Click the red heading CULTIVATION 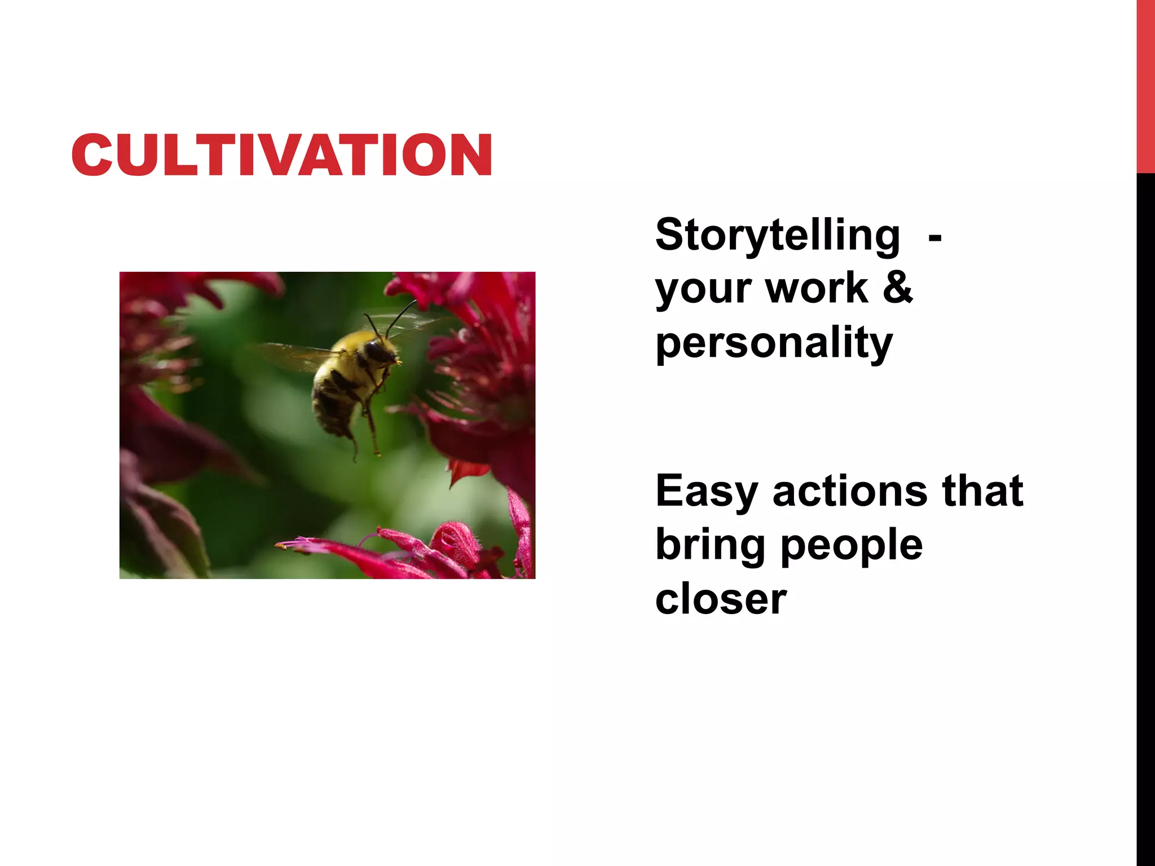[x=282, y=155]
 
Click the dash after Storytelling [x=934, y=238]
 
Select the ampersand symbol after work [x=897, y=288]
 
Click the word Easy [x=706, y=492]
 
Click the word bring [x=710, y=545]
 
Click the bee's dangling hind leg [x=373, y=434]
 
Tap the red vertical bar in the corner [x=1145, y=85]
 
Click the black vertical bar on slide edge [x=1145, y=507]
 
